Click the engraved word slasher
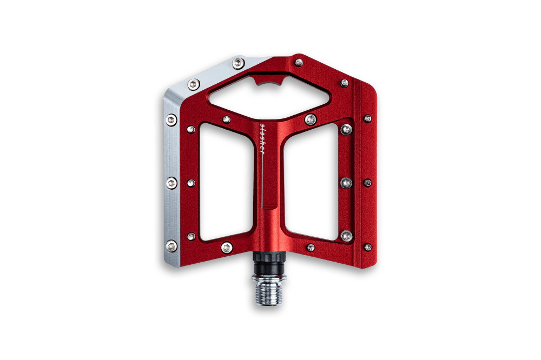click(x=262, y=138)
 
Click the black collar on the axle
click(x=269, y=263)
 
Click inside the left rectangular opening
click(x=226, y=182)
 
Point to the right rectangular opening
click(x=311, y=182)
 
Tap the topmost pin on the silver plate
click(x=239, y=63)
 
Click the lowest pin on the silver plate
click(x=171, y=246)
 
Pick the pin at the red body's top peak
click(x=299, y=62)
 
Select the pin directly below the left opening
click(x=227, y=247)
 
